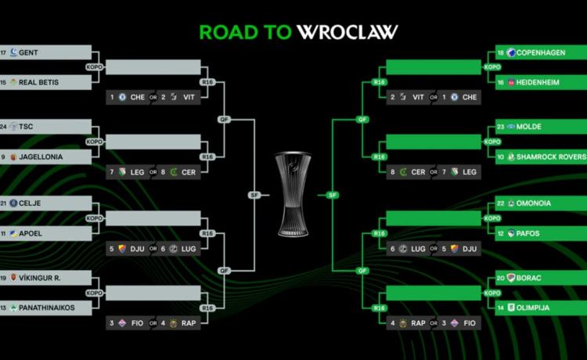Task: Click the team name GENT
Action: [x=29, y=52]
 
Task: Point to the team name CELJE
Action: [x=31, y=203]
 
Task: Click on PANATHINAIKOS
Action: [x=47, y=308]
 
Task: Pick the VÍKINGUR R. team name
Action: [x=40, y=278]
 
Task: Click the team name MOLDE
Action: [x=529, y=127]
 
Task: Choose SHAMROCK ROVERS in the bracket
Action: [x=551, y=157]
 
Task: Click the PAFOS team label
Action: [x=527, y=232]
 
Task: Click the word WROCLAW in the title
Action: [x=348, y=31]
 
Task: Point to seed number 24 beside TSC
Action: [x=4, y=127]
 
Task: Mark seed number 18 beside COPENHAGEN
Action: [x=501, y=52]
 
